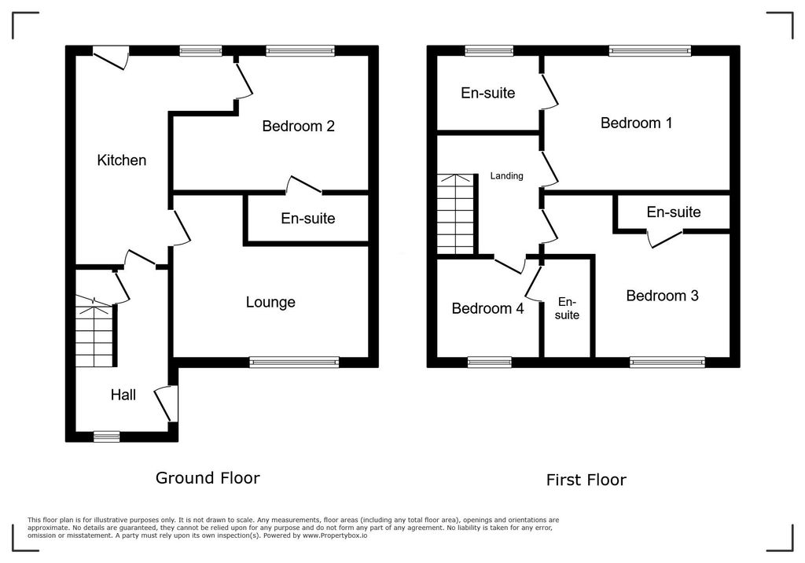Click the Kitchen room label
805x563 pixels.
click(x=121, y=160)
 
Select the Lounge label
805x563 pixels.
click(x=270, y=302)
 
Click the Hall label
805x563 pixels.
click(x=123, y=395)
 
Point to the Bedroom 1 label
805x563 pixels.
click(x=636, y=123)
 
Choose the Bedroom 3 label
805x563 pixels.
click(x=662, y=296)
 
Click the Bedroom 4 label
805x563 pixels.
click(x=487, y=308)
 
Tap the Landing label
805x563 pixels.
click(x=506, y=176)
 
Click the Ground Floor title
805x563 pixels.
click(x=208, y=477)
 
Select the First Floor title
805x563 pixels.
click(x=586, y=480)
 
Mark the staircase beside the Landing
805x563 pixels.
click(x=457, y=214)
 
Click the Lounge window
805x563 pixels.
click(x=294, y=362)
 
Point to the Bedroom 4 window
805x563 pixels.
click(x=489, y=362)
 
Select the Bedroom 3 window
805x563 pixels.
click(x=667, y=362)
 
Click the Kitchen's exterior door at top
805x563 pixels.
click(x=110, y=56)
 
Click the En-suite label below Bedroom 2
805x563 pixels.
click(x=308, y=219)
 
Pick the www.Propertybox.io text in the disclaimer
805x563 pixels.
click(x=336, y=535)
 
